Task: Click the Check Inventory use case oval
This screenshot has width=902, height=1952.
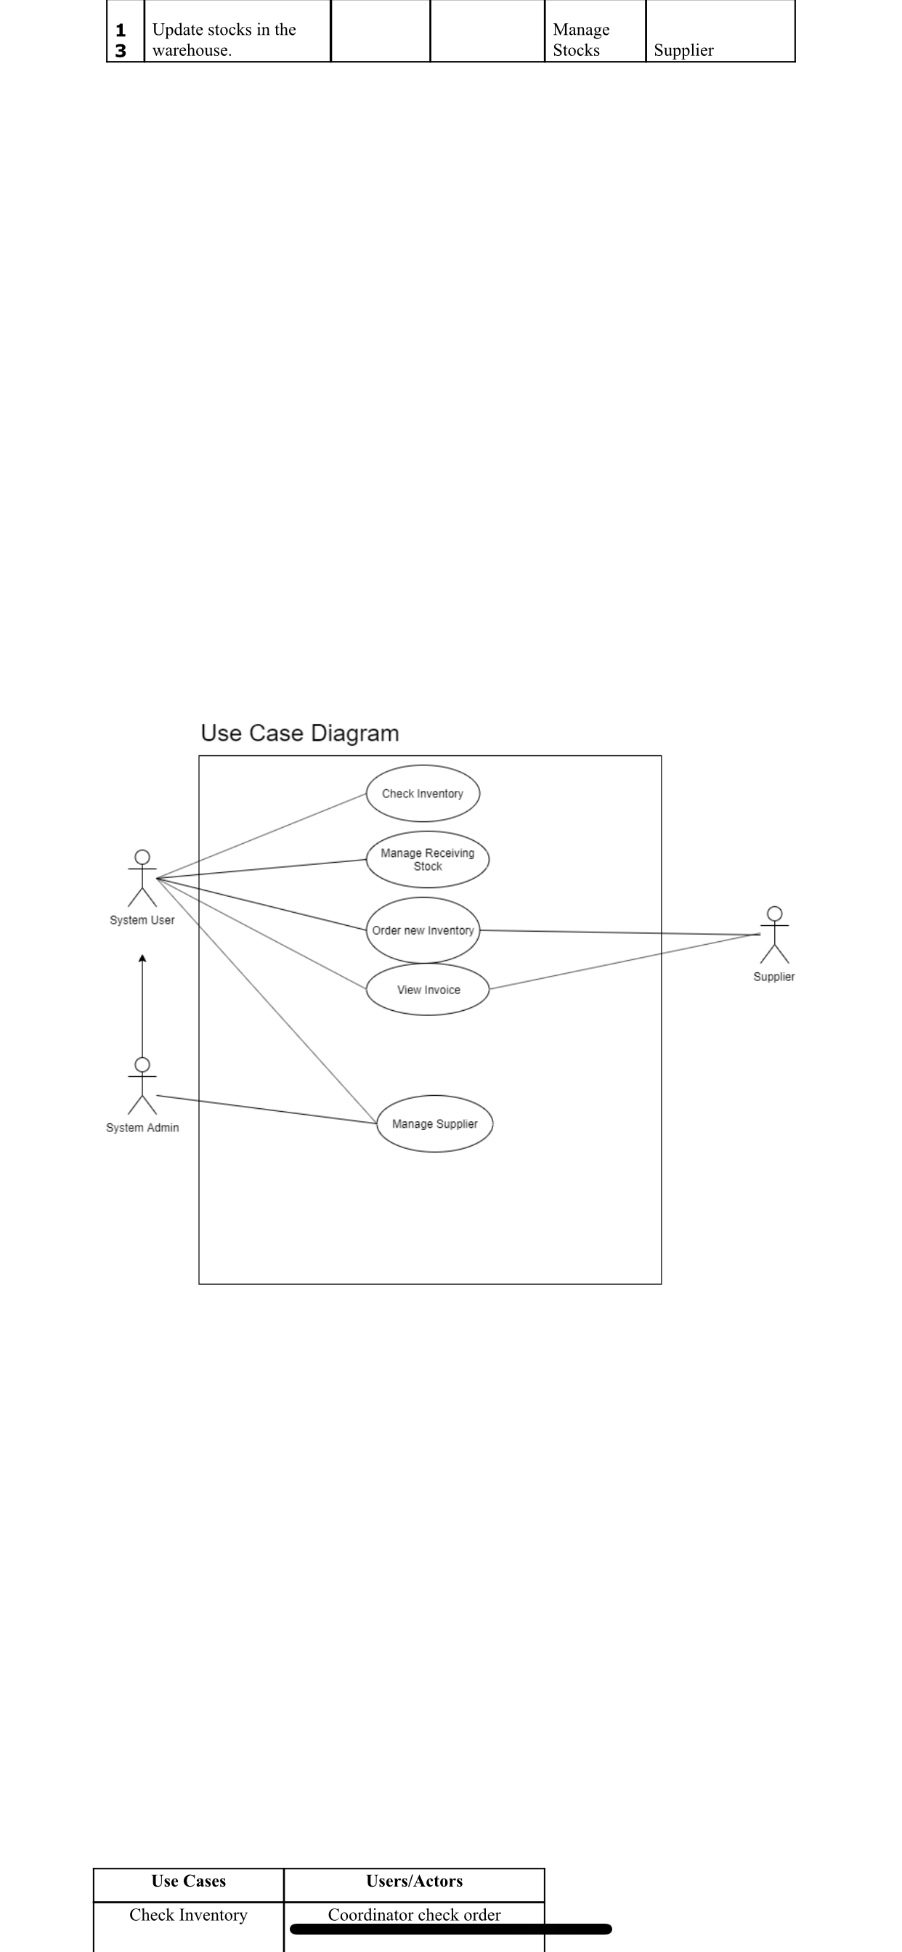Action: coord(423,794)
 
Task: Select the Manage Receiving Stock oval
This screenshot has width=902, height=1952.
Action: coord(428,859)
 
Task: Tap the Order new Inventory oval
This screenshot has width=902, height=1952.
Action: coord(423,930)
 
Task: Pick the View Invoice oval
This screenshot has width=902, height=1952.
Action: coord(428,990)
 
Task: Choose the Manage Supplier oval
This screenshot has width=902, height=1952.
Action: coord(434,1123)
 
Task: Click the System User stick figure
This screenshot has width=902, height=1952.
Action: coord(142,878)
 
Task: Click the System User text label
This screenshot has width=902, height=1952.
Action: coord(142,920)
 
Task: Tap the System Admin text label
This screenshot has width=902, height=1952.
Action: coord(142,1128)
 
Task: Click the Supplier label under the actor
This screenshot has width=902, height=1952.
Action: coord(774,977)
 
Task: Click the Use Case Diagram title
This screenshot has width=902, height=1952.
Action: coord(299,733)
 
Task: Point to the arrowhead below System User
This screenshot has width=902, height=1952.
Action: coord(142,959)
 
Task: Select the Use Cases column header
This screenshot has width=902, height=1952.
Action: coord(189,1881)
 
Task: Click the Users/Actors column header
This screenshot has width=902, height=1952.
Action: coord(414,1881)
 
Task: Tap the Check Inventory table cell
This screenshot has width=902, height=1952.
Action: coord(189,1915)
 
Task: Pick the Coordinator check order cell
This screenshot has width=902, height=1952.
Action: coord(414,1915)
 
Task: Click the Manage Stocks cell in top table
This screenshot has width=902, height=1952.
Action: coord(582,39)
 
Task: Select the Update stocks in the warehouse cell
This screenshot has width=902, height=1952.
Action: coord(224,39)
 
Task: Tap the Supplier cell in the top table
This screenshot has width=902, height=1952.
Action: coord(683,50)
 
